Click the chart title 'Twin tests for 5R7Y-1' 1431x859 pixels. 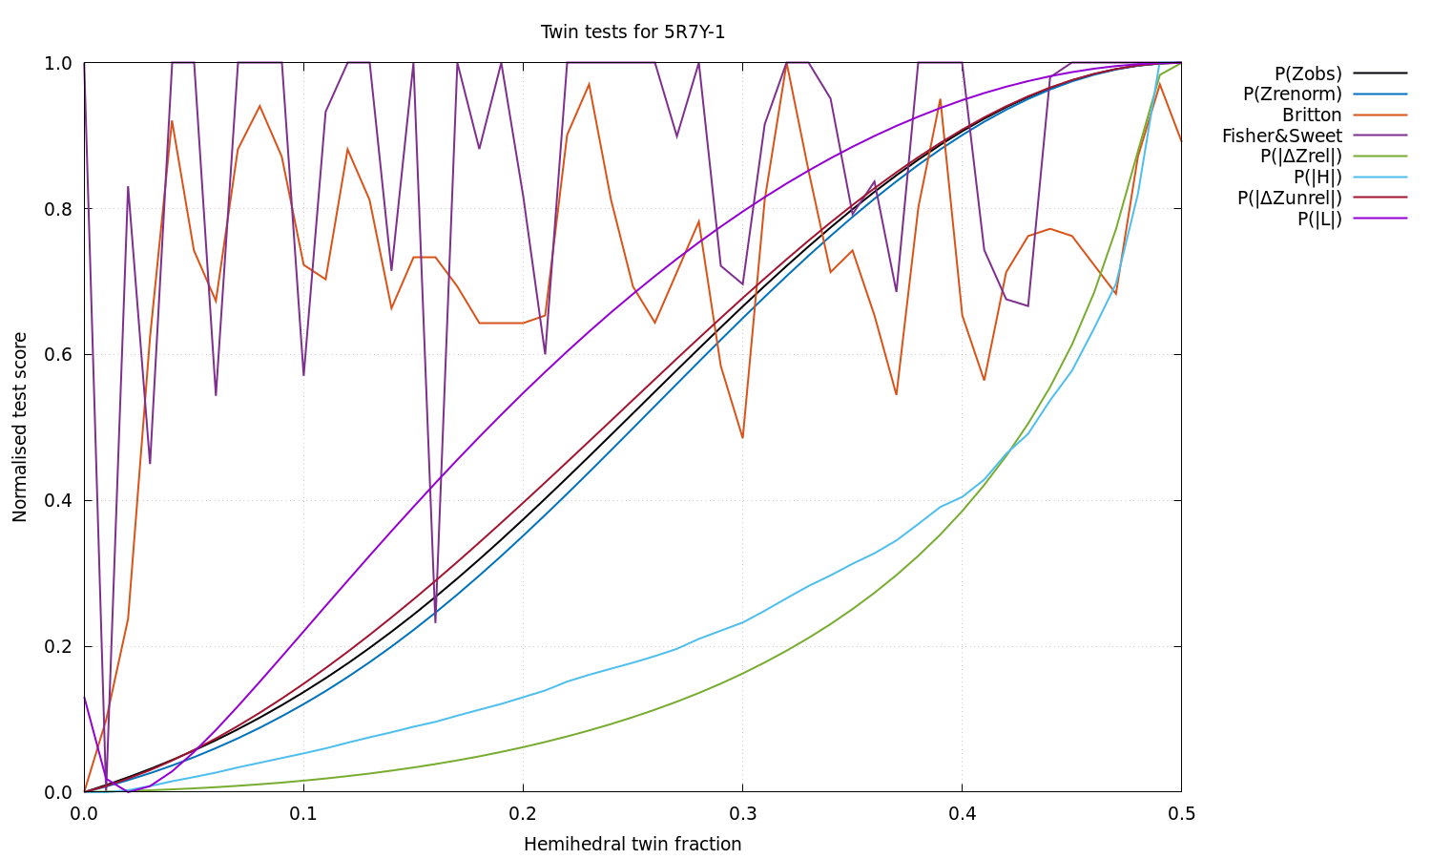[633, 32]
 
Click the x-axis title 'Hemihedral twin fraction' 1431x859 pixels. [633, 845]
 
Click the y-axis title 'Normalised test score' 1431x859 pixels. [20, 427]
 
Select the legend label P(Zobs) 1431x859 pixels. [1308, 73]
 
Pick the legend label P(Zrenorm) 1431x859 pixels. [1292, 94]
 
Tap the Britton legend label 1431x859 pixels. [1312, 115]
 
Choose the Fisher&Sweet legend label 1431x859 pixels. [1281, 136]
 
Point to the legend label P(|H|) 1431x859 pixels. [1317, 178]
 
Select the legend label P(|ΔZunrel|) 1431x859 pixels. [1290, 199]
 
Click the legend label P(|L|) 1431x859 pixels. [1319, 220]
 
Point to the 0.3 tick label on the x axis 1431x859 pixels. [742, 814]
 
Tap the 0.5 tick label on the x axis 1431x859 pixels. [1181, 814]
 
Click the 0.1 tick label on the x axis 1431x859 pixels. [303, 814]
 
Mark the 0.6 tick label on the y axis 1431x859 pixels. [59, 354]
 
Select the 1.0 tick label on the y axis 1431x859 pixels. [59, 63]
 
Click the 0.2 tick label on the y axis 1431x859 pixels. [59, 646]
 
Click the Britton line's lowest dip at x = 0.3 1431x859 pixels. [742, 437]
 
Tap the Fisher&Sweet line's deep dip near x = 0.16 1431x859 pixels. [435, 621]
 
